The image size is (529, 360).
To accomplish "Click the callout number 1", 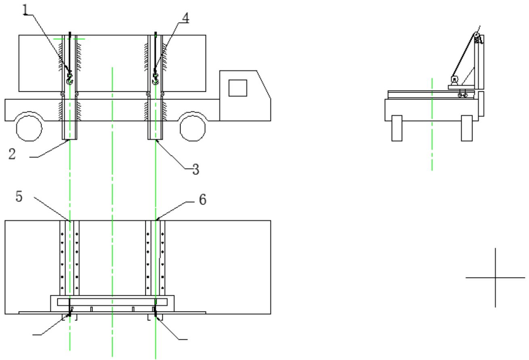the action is click(x=25, y=10).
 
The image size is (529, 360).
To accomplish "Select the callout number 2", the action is click(x=12, y=154).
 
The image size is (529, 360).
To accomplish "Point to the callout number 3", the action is click(x=196, y=169).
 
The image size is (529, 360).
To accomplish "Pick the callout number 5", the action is click(x=19, y=196).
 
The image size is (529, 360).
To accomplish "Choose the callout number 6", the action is click(x=203, y=199).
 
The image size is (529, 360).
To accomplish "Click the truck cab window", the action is click(x=238, y=88).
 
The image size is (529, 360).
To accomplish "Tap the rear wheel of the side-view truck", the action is click(x=29, y=128).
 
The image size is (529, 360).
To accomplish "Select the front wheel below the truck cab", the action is click(x=193, y=128).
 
